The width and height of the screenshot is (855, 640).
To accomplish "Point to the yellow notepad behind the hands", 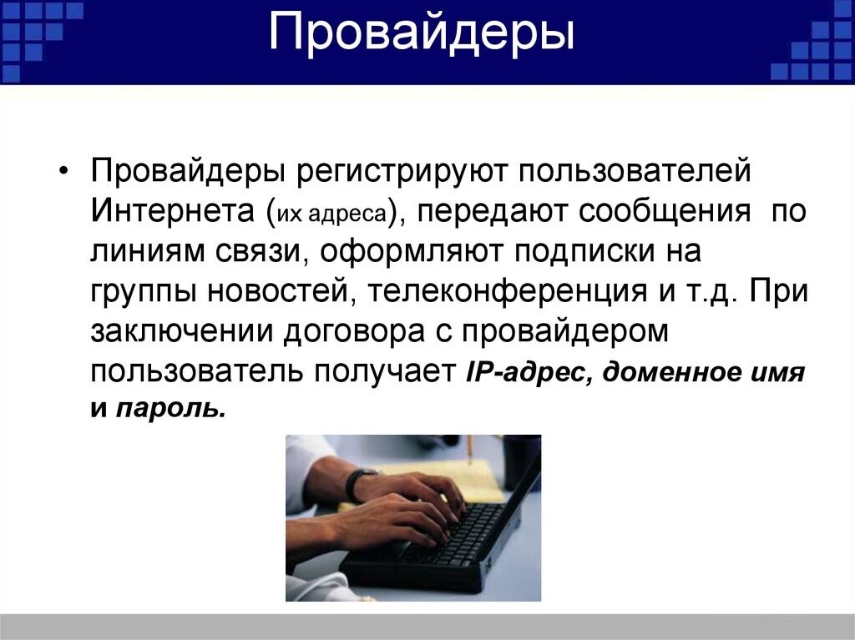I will (468, 480).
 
